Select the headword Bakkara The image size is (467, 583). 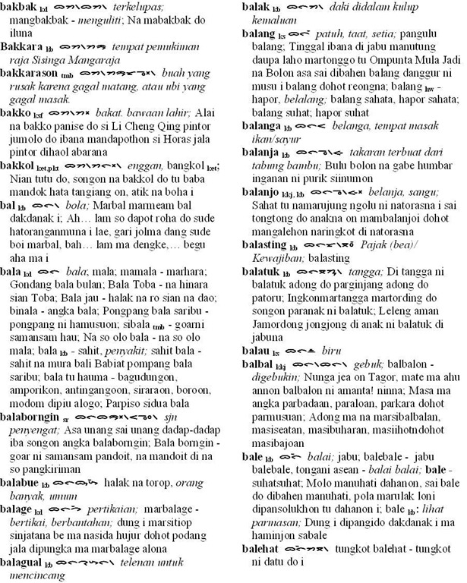[24, 46]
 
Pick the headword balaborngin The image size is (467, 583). [32, 416]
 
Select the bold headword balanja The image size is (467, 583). [261, 152]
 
